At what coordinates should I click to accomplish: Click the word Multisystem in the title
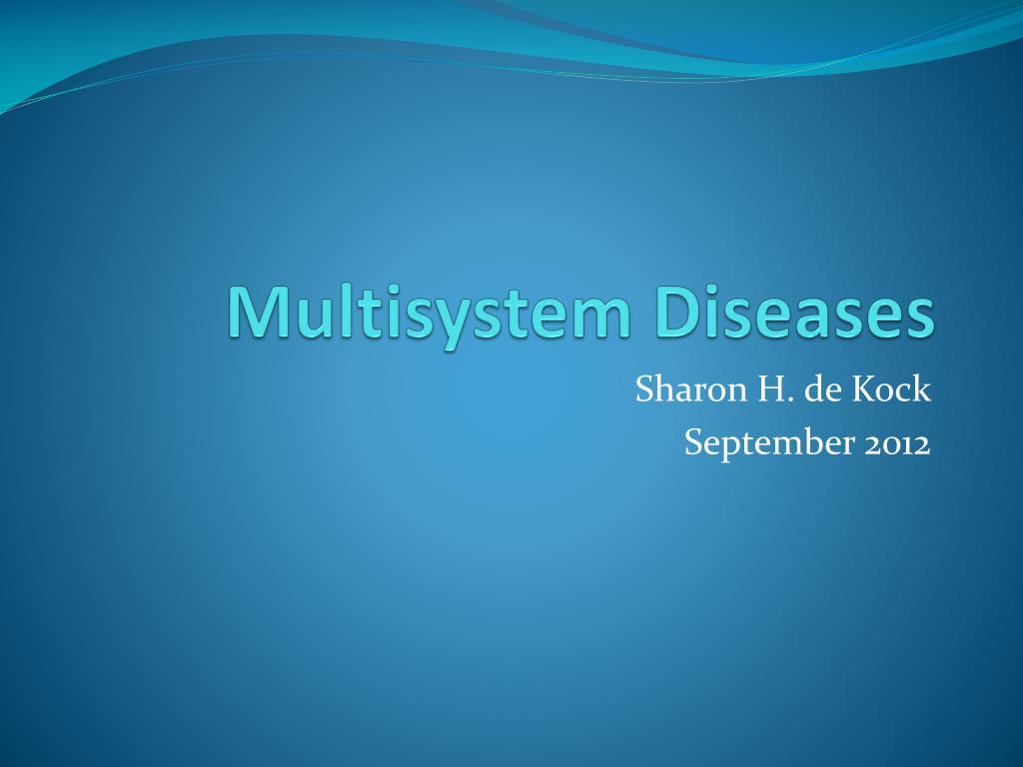click(430, 312)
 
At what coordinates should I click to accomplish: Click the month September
click(763, 443)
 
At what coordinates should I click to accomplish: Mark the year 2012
click(896, 443)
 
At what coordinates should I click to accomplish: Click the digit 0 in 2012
click(889, 444)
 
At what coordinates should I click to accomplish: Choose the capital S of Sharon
click(644, 390)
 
